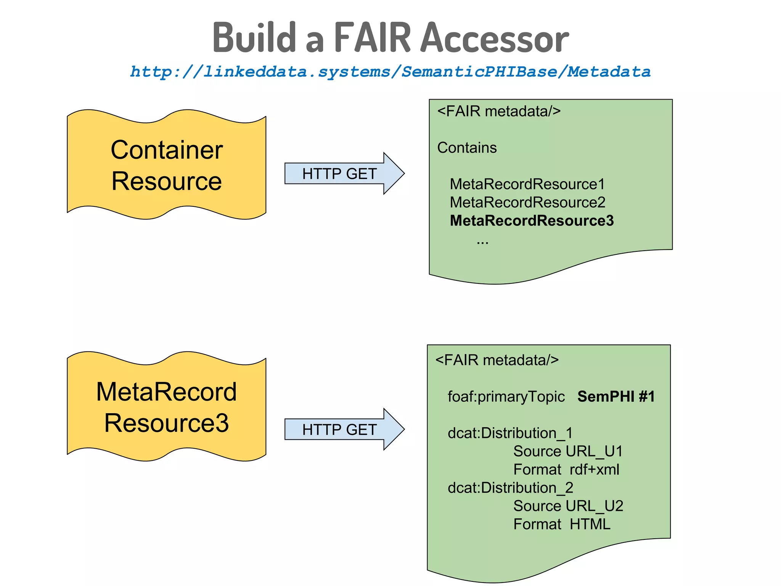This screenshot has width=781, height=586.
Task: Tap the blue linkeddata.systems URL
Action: (x=390, y=72)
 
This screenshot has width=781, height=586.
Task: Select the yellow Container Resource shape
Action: (x=166, y=165)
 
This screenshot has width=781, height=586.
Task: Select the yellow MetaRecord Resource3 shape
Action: (x=166, y=407)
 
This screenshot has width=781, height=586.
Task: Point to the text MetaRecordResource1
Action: (x=527, y=184)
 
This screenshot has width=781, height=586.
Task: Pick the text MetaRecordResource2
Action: (x=527, y=203)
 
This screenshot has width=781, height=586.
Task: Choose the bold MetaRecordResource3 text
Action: (x=532, y=221)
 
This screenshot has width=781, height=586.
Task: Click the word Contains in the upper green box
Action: (x=467, y=148)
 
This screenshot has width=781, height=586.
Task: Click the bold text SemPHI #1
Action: (x=616, y=397)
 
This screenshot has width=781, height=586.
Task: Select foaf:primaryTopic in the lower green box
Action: (x=506, y=397)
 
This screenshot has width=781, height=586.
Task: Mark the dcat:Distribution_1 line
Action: (x=510, y=433)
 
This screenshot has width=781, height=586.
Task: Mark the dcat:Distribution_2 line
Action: (x=510, y=488)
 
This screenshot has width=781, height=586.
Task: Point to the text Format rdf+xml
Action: (x=566, y=470)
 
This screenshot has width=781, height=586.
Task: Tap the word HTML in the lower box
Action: (x=590, y=525)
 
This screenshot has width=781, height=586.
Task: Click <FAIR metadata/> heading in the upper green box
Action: (x=498, y=111)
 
